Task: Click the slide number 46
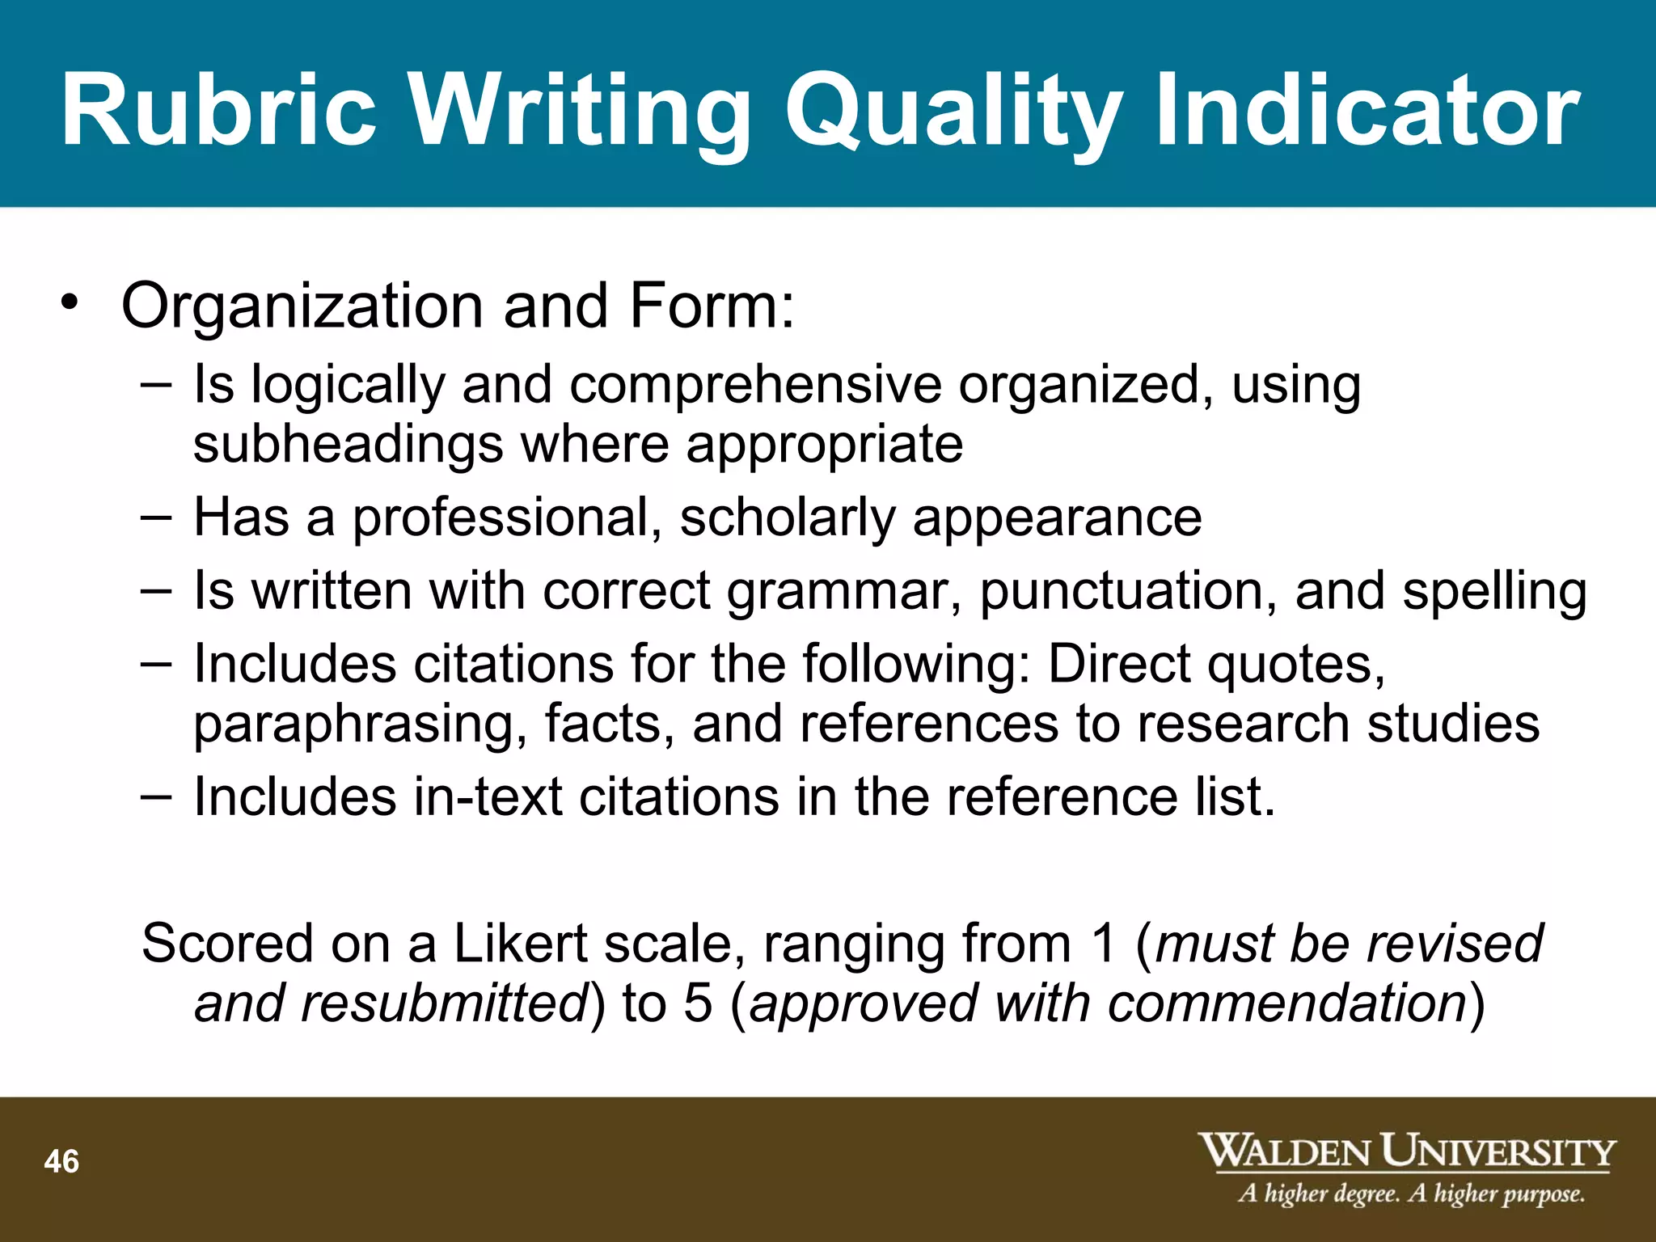click(61, 1162)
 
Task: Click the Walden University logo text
click(1406, 1151)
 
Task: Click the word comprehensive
click(755, 385)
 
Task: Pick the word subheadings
click(349, 446)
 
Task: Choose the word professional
click(501, 519)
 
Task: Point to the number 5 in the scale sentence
click(698, 1003)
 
